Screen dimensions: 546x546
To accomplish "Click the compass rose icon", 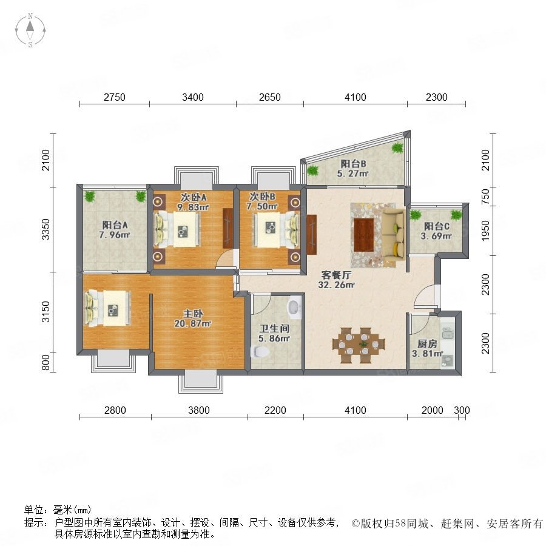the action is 30,30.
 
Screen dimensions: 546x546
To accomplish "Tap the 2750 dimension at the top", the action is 115,97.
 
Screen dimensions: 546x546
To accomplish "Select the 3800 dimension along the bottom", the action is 199,410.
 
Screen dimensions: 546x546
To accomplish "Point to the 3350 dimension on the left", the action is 46,229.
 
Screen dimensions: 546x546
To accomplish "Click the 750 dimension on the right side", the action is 485,197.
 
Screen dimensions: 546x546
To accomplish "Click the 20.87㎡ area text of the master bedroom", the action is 193,323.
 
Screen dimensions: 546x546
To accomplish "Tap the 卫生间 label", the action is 275,328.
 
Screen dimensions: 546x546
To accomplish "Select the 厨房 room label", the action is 427,344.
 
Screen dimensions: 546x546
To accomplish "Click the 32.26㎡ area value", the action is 336,285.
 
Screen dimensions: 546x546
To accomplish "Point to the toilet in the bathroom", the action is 260,351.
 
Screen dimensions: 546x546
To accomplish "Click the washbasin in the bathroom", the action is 294,308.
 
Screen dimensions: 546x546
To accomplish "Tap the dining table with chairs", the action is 359,345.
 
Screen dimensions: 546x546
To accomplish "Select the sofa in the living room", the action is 394,234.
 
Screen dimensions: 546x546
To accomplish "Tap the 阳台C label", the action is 437,226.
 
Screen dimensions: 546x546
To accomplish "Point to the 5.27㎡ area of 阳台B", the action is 352,173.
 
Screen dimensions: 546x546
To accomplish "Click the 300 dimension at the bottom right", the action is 462,410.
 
